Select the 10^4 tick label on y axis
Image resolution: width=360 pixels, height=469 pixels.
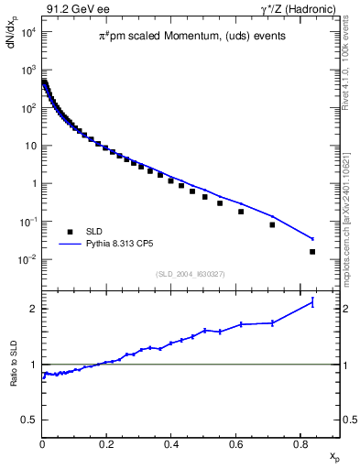pyautogui.click(x=27, y=32)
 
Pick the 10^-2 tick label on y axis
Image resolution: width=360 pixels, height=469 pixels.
pyautogui.click(x=27, y=259)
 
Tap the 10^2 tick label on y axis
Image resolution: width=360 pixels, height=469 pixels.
pyautogui.click(x=27, y=108)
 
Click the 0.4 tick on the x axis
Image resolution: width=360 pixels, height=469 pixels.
pyautogui.click(x=171, y=445)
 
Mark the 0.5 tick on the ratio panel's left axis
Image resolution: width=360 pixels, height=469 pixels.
pyautogui.click(x=30, y=420)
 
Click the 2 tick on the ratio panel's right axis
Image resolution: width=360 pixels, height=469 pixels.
pyautogui.click(x=348, y=309)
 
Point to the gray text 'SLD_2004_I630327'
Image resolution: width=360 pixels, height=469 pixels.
pyautogui.click(x=190, y=274)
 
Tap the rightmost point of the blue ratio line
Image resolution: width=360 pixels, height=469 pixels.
pyautogui.click(x=312, y=301)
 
